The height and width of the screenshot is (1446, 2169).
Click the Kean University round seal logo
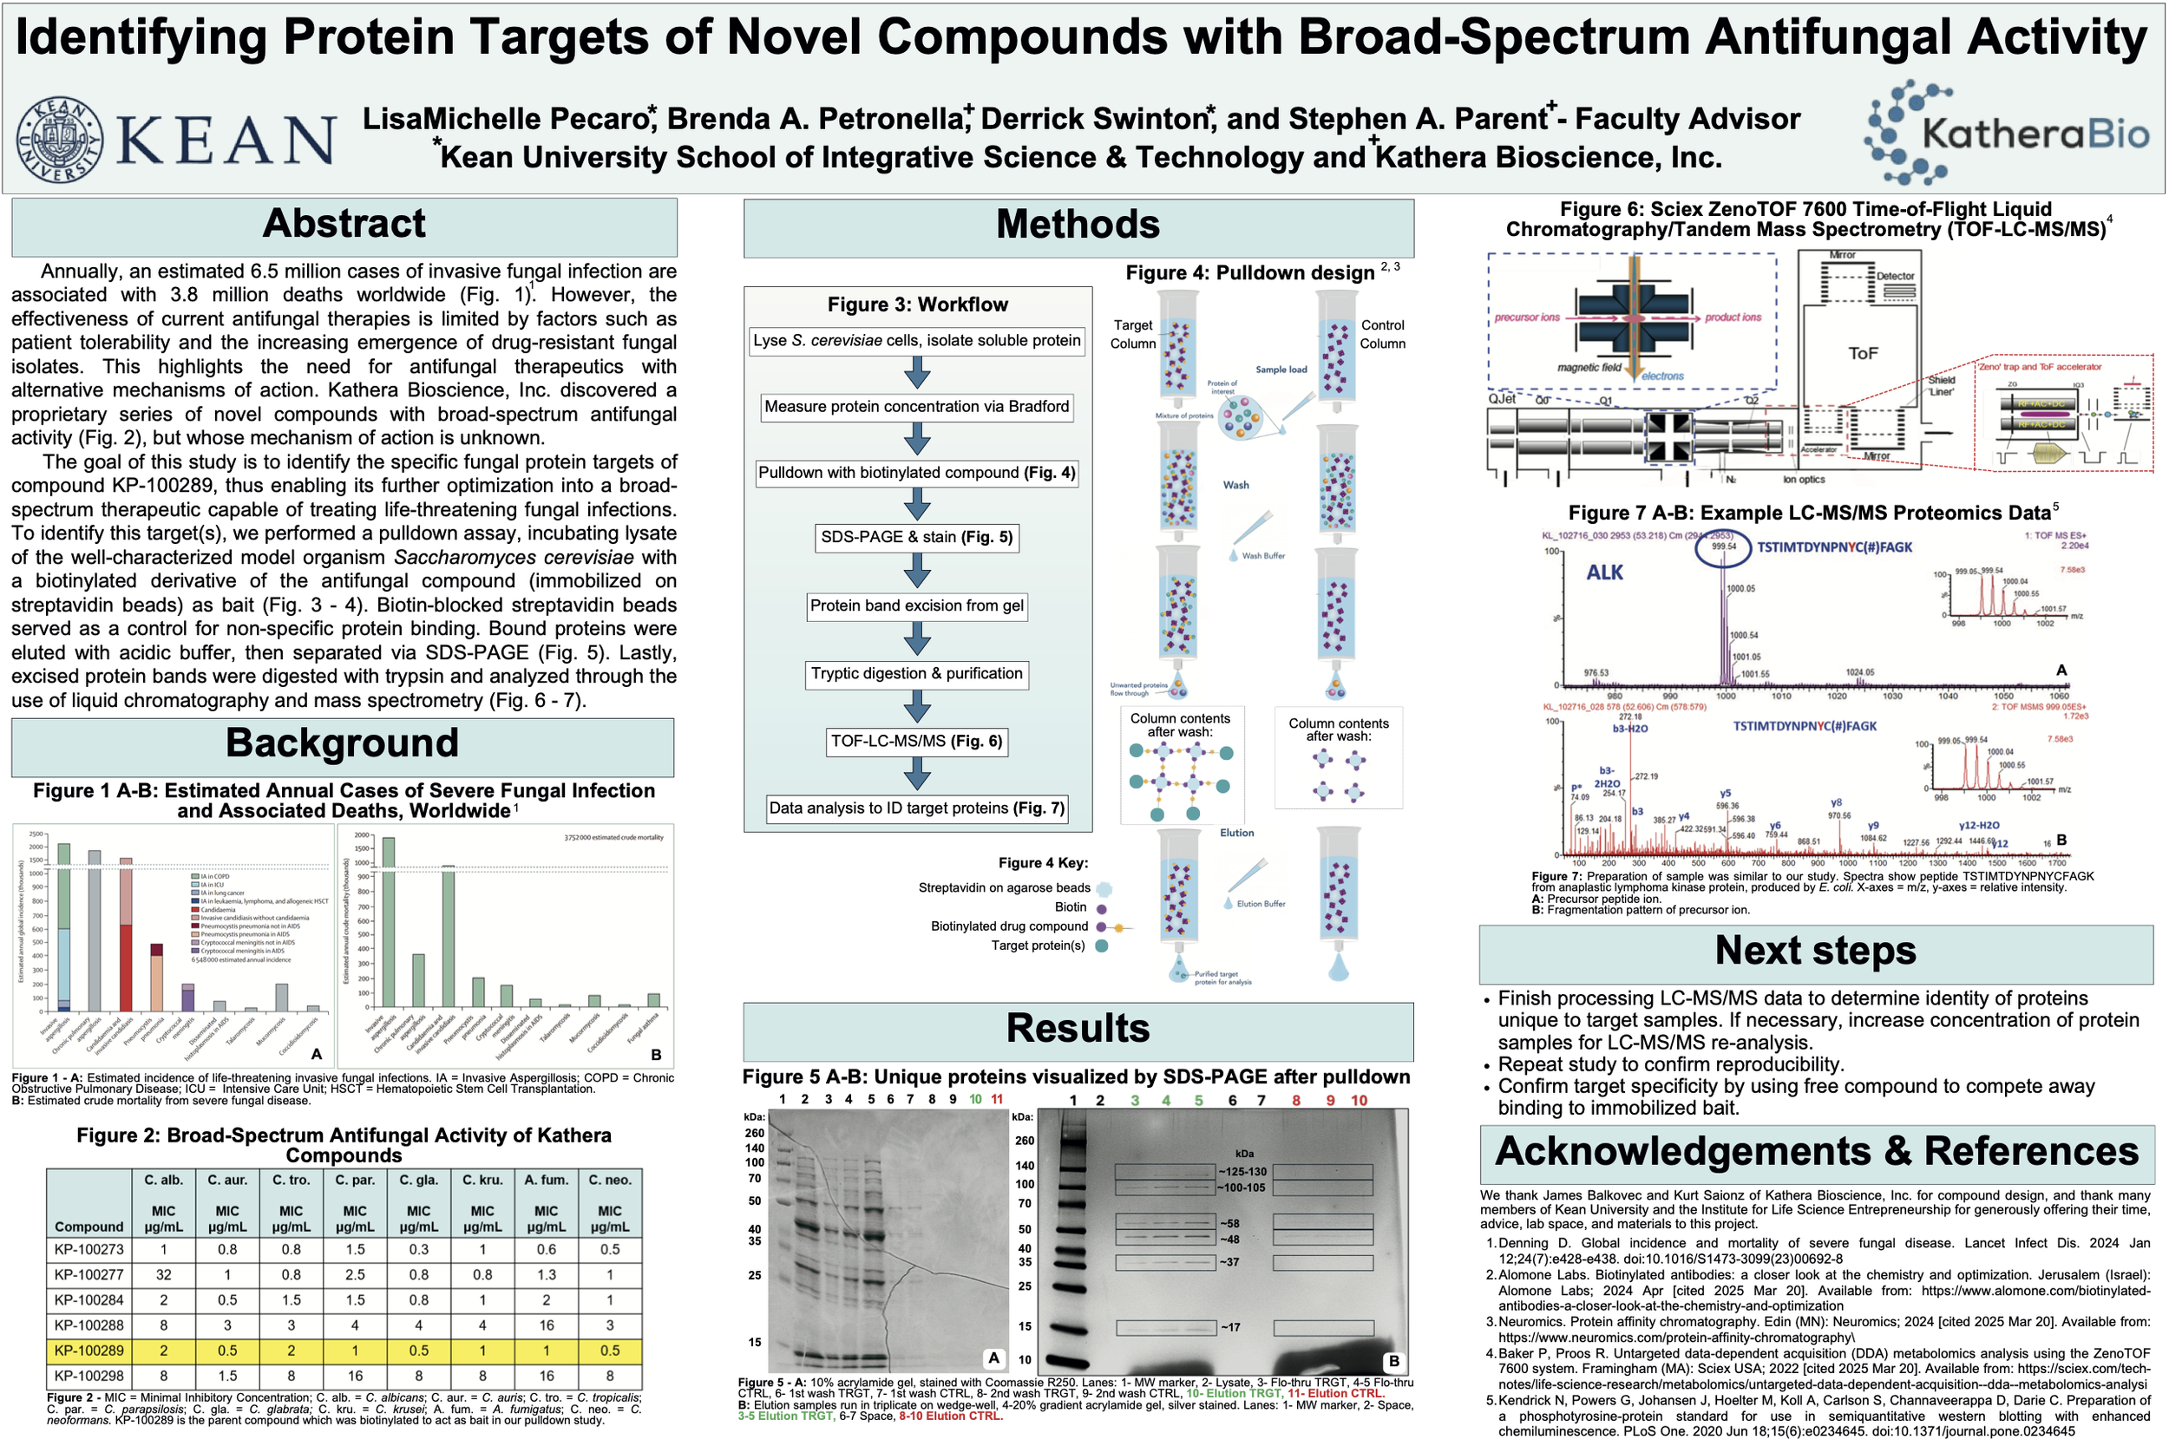click(59, 140)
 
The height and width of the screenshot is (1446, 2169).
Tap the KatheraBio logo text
click(2035, 135)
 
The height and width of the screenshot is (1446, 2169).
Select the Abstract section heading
click(344, 224)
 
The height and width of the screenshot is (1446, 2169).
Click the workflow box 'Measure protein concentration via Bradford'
click(917, 407)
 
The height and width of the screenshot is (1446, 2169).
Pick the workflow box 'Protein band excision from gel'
click(917, 605)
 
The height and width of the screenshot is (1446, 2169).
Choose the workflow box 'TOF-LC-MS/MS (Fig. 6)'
click(917, 742)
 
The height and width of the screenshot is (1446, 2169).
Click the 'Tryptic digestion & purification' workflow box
click(917, 674)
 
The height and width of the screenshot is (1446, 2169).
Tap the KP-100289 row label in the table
click(88, 1351)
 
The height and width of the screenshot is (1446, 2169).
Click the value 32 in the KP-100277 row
click(163, 1275)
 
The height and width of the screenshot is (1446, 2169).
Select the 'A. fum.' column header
click(546, 1181)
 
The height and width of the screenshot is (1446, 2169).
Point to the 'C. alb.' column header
click(163, 1181)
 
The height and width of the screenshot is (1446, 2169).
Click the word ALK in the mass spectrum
click(1604, 573)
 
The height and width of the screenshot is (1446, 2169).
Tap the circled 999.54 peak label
click(1724, 546)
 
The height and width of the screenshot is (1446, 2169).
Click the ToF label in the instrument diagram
click(1863, 353)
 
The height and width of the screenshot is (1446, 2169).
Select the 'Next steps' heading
click(1815, 951)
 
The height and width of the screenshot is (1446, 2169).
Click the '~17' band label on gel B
click(1230, 1328)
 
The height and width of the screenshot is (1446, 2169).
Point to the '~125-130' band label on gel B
click(1243, 1172)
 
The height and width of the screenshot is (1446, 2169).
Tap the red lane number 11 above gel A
click(997, 1099)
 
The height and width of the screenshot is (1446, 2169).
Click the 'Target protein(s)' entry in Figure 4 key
click(1039, 946)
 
